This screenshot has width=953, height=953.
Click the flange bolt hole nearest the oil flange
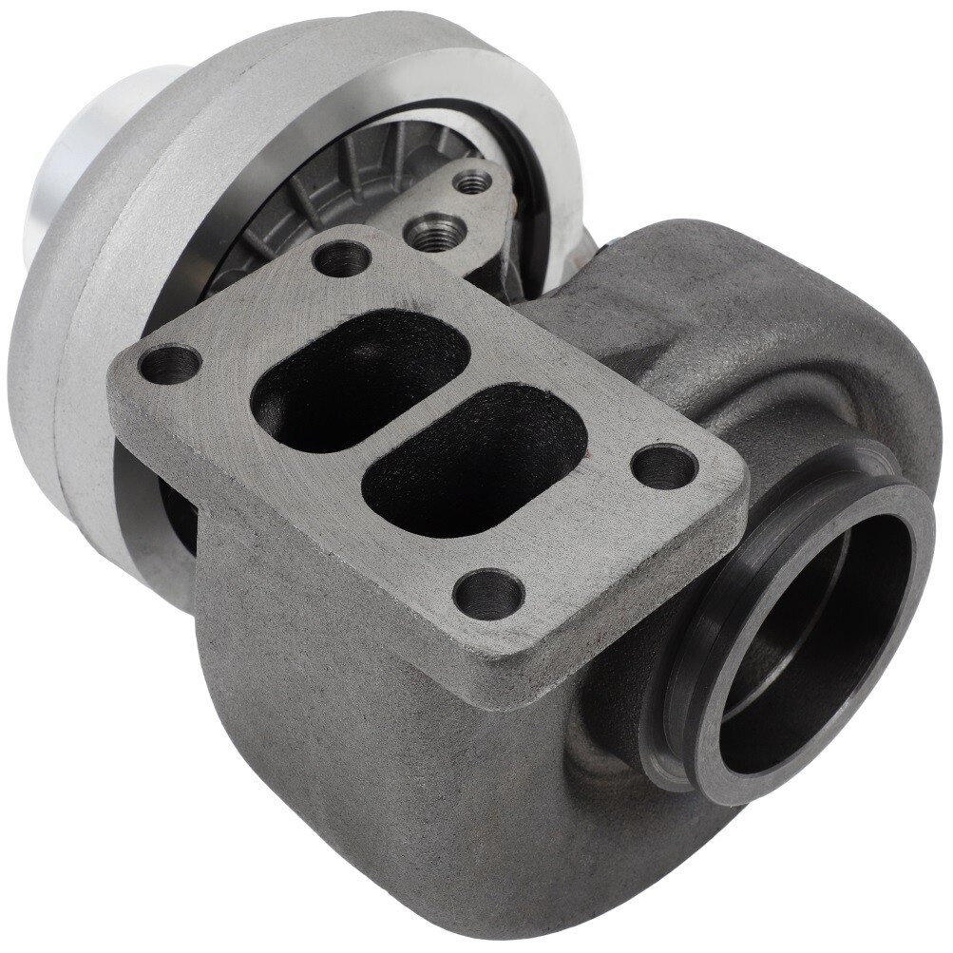click(x=341, y=257)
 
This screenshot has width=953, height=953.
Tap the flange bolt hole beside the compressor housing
click(x=170, y=364)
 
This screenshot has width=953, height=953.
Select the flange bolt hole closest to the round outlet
click(x=664, y=467)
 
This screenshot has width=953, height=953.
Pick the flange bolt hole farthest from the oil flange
click(x=488, y=594)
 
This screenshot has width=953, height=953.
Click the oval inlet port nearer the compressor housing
click(x=359, y=380)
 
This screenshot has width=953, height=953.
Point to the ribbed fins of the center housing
click(x=314, y=190)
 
